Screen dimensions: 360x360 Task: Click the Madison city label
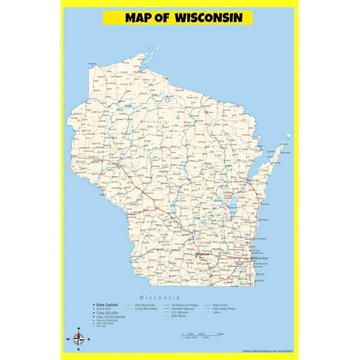click(x=202, y=254)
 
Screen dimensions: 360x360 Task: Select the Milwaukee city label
click(x=261, y=258)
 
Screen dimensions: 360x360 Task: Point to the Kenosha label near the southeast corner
click(x=259, y=281)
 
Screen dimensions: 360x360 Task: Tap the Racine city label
click(x=261, y=274)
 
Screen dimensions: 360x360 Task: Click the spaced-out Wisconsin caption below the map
click(x=160, y=297)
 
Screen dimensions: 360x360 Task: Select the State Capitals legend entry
click(x=107, y=304)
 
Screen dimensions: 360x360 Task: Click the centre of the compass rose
click(x=79, y=340)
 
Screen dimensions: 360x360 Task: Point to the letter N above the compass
click(x=79, y=329)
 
